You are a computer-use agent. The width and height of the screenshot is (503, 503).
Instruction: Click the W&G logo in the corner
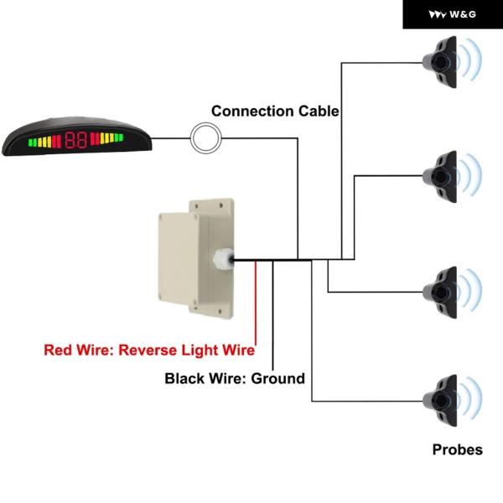click(x=453, y=14)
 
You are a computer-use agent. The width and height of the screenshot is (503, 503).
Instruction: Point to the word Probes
click(x=457, y=450)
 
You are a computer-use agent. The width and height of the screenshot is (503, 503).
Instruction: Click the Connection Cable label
click(x=275, y=111)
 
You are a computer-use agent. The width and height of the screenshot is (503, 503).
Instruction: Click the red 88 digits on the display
click(x=76, y=138)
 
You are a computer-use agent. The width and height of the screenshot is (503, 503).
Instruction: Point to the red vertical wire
click(x=255, y=302)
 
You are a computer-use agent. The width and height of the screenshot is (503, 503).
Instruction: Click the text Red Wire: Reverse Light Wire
click(x=149, y=350)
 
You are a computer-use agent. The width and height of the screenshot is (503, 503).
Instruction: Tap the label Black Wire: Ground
click(x=235, y=379)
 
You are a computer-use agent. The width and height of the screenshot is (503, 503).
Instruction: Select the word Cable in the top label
click(x=318, y=111)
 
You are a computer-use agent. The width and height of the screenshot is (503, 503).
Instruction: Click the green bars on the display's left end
click(x=33, y=140)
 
